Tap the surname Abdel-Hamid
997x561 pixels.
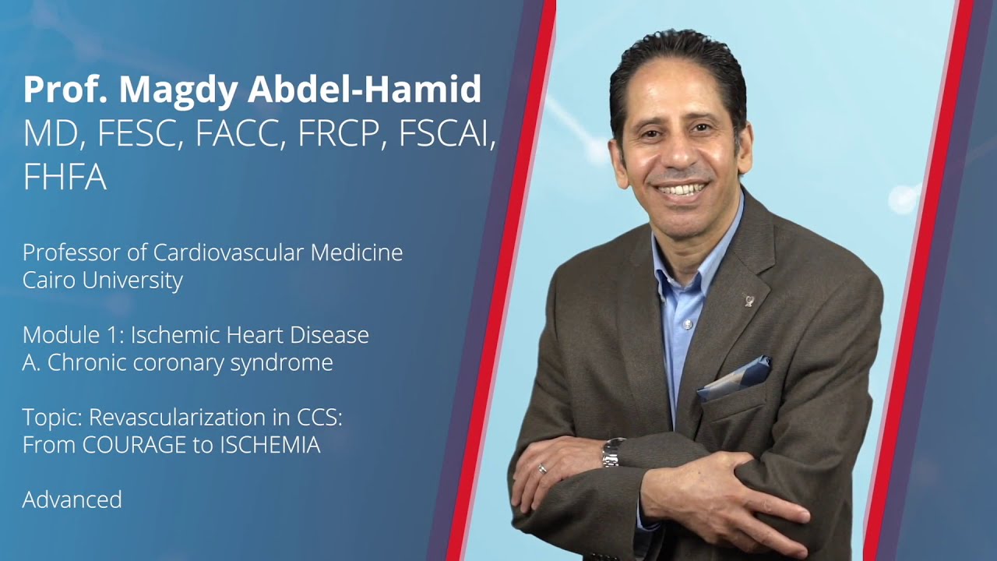[x=365, y=90]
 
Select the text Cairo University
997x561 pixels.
[x=102, y=280]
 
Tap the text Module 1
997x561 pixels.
[x=72, y=335]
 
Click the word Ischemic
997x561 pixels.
[x=174, y=335]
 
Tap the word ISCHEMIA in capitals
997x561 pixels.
[x=271, y=445]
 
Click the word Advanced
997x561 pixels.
[x=72, y=499]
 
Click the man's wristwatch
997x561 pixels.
[x=613, y=452]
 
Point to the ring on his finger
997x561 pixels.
[x=543, y=467]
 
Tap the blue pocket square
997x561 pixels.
[x=736, y=378]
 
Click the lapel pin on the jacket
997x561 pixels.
[x=749, y=300]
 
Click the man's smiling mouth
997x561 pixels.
[x=682, y=189]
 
